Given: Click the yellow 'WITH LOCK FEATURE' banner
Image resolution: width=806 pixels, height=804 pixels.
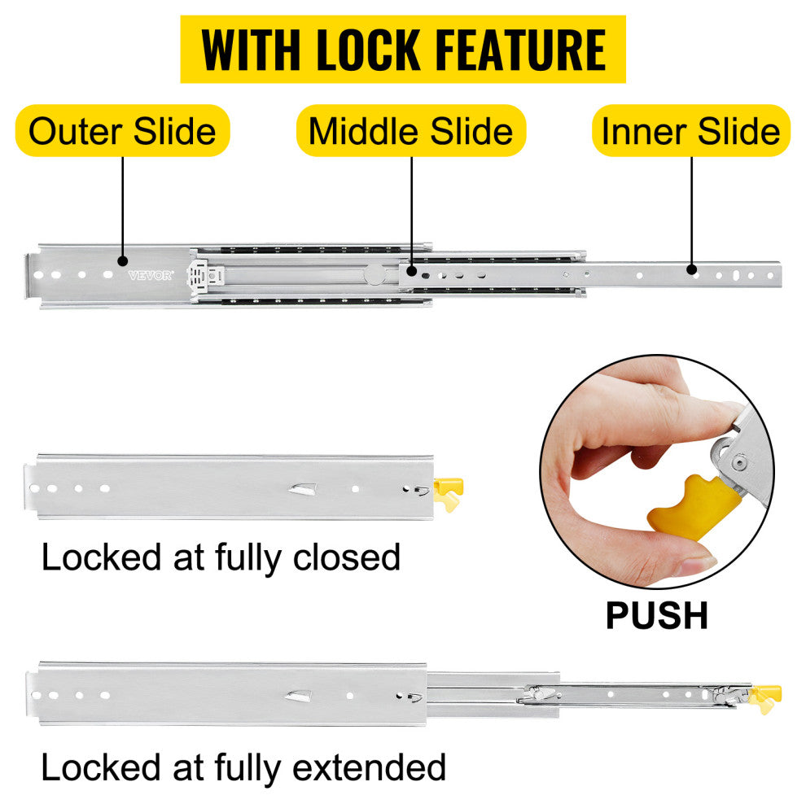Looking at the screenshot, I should pyautogui.click(x=403, y=49).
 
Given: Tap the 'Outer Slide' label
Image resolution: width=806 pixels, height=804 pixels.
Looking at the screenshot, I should pyautogui.click(x=123, y=131).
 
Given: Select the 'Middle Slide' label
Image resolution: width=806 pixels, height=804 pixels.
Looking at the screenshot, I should pyautogui.click(x=411, y=131).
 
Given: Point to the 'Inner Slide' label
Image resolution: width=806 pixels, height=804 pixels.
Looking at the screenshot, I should pyautogui.click(x=691, y=131).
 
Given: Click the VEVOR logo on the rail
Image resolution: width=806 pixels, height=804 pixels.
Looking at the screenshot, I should pyautogui.click(x=151, y=275).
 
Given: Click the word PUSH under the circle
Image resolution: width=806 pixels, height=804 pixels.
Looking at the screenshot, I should pyautogui.click(x=656, y=616).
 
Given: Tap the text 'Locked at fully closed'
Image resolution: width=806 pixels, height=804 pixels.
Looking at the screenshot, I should pyautogui.click(x=221, y=558).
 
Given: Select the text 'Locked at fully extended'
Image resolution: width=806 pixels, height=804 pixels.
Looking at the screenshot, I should pyautogui.click(x=243, y=767).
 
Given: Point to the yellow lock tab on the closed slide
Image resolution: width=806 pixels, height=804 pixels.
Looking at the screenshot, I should pyautogui.click(x=448, y=491).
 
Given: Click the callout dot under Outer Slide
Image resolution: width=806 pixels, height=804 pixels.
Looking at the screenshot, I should pyautogui.click(x=123, y=261).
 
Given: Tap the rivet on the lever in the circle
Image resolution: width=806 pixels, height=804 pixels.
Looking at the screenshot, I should pyautogui.click(x=738, y=462).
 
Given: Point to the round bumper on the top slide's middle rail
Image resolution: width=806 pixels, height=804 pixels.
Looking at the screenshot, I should pyautogui.click(x=373, y=275).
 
